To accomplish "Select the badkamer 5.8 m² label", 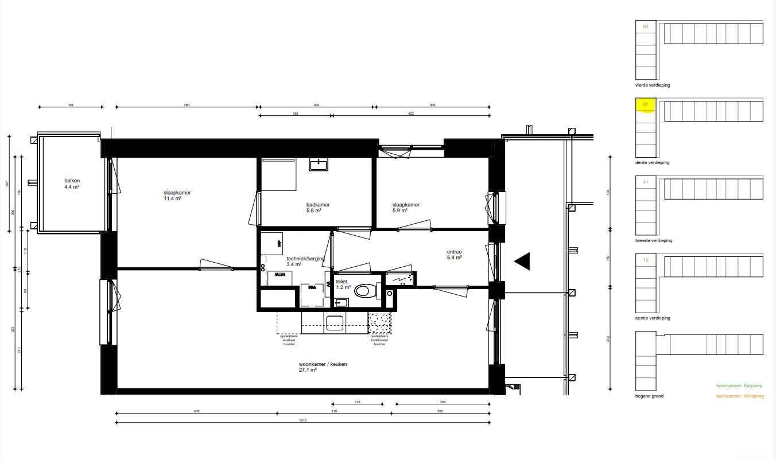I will (x=317, y=208).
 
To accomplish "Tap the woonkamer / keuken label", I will (x=323, y=367).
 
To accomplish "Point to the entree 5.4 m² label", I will (x=455, y=255).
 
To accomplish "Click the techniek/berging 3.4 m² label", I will (x=305, y=262).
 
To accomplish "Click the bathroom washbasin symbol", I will (x=318, y=165).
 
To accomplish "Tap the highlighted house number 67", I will (x=646, y=105).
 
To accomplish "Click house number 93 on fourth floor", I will (x=646, y=27).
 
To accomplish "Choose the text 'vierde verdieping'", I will (x=653, y=85).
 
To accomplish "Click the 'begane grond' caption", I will (x=649, y=396).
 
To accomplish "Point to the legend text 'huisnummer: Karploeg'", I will (x=739, y=387).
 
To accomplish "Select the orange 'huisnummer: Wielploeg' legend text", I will (x=739, y=396).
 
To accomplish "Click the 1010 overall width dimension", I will (x=302, y=420).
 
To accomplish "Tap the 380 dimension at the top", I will (x=186, y=105).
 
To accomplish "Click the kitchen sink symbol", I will (x=335, y=323).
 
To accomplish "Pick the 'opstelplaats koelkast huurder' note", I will (x=288, y=341).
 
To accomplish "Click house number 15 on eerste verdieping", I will (x=646, y=260).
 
